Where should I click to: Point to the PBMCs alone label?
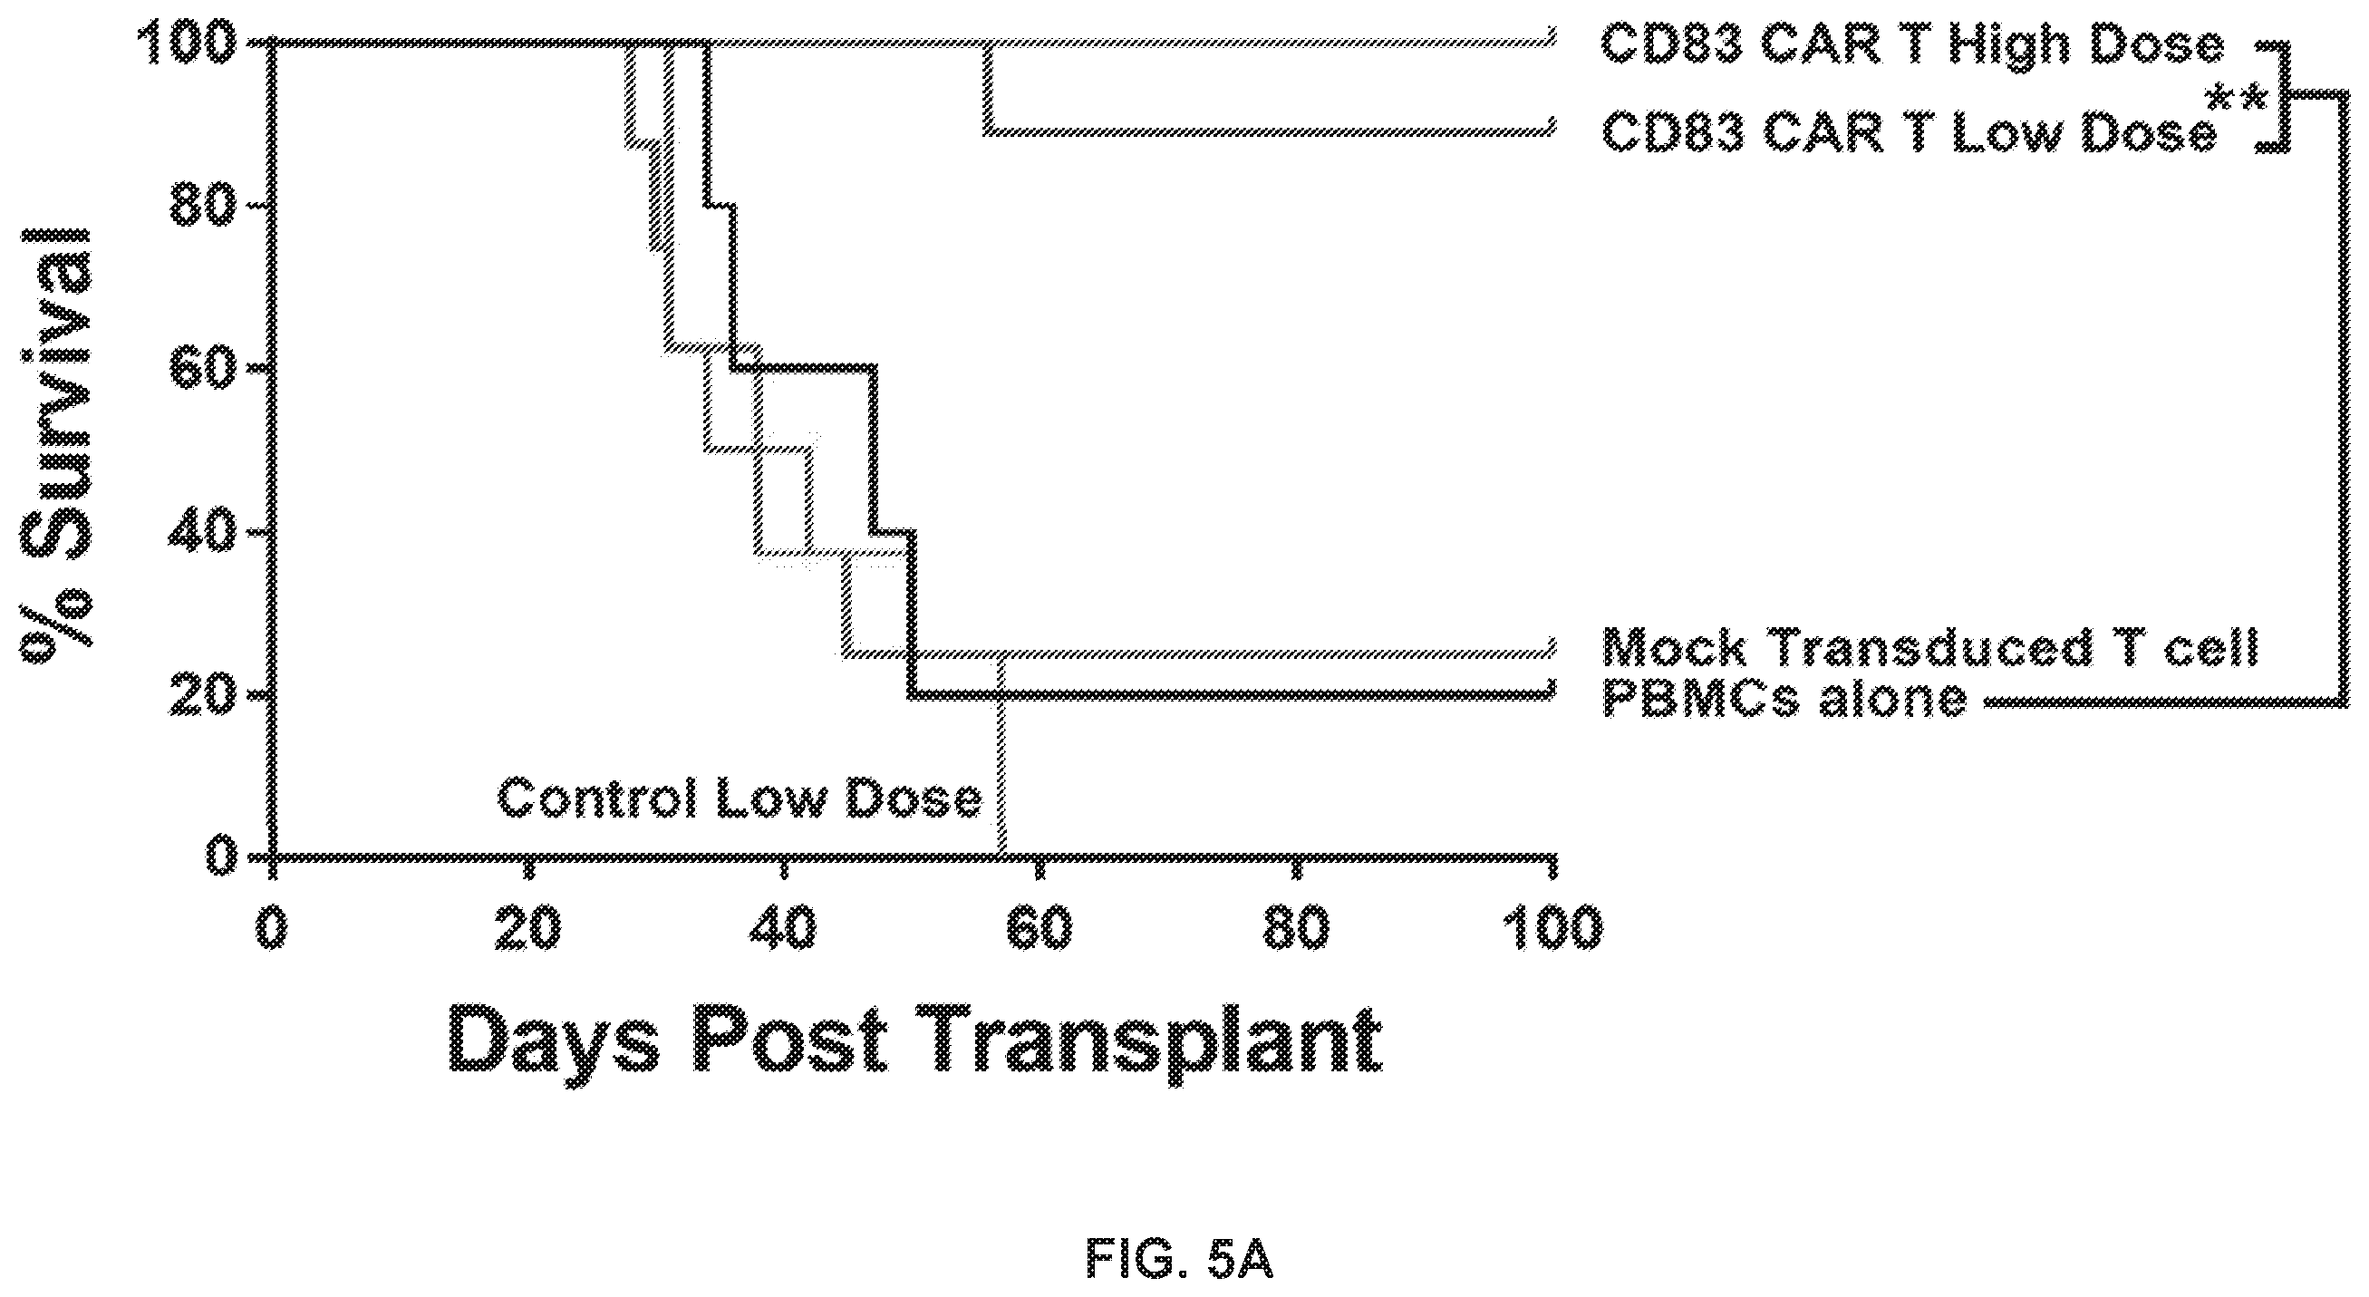(x=1784, y=698)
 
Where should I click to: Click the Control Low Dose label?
(x=740, y=799)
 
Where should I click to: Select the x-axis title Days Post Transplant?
(x=915, y=1041)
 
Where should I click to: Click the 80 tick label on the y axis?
(x=203, y=205)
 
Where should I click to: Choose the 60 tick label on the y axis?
(x=203, y=368)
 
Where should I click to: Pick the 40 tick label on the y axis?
(x=203, y=532)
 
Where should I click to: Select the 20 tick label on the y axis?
(x=203, y=694)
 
